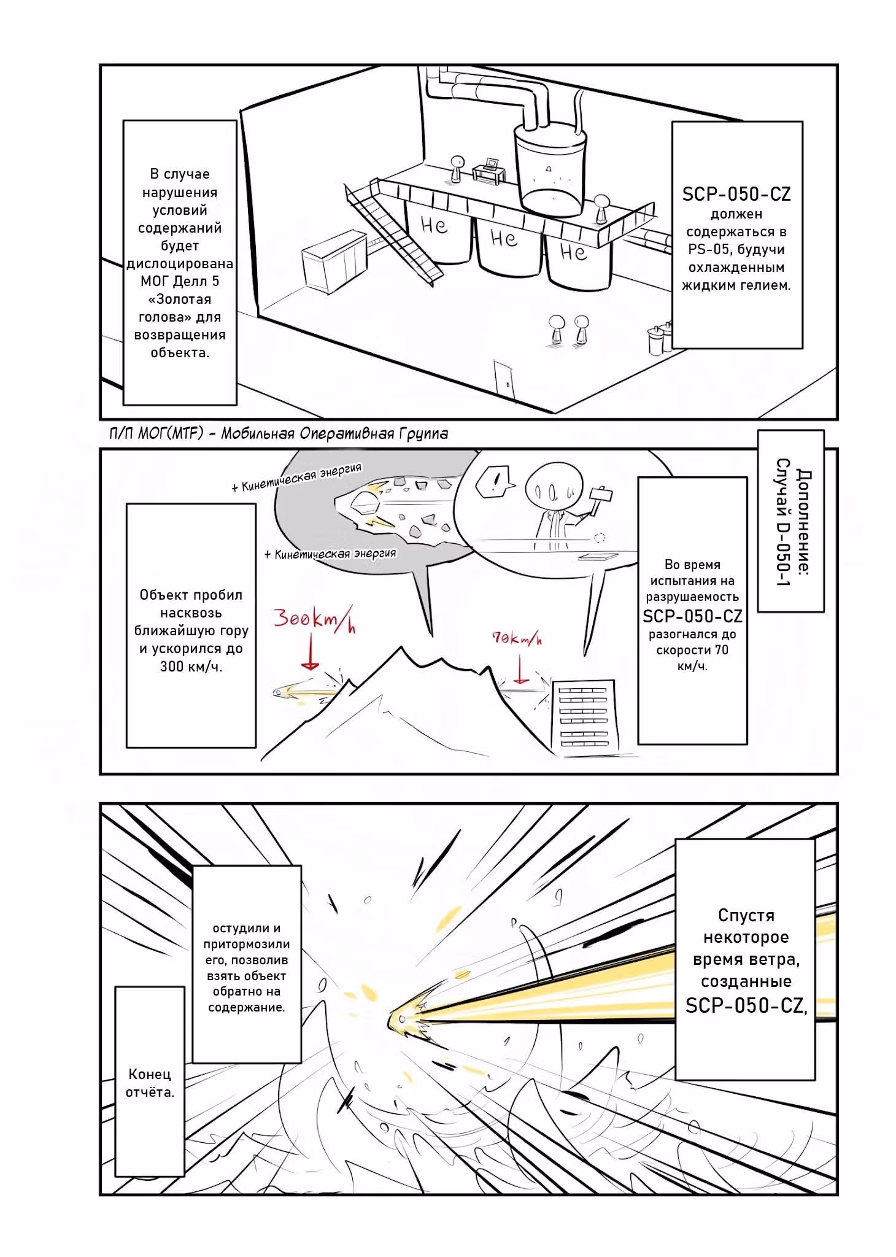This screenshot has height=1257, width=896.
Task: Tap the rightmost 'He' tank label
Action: click(573, 251)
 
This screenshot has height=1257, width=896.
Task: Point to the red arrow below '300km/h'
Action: click(311, 652)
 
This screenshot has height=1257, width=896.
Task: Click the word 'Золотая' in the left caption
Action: click(180, 300)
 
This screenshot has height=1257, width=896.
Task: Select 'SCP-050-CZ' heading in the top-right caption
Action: click(736, 194)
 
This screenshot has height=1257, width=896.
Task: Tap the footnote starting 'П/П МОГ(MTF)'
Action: click(279, 433)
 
